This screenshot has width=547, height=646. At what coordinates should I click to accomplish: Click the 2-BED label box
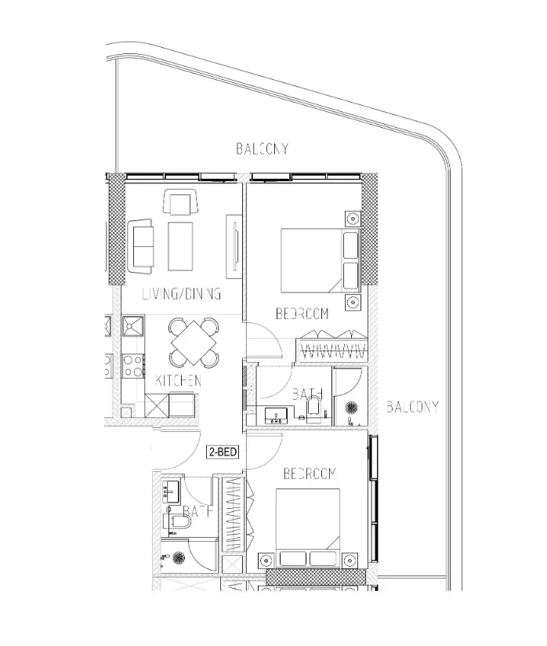pos(222,452)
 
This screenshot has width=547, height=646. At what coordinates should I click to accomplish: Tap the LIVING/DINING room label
pos(182,294)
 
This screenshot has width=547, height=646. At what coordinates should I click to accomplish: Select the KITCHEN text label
pos(179,380)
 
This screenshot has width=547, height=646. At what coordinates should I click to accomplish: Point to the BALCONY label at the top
pos(263,148)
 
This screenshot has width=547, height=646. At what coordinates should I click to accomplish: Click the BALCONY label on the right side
pos(411,406)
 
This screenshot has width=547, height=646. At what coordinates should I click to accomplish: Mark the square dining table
pos(193,342)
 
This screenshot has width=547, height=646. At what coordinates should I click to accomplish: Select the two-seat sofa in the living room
pos(142,243)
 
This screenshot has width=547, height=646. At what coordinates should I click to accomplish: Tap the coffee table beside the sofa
pos(180,245)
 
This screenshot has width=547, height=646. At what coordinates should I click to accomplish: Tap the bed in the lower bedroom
pos(307,521)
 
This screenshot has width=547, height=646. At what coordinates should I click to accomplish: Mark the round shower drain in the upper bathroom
pos(351,407)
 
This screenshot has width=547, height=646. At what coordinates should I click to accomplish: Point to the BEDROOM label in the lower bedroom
pos(310,474)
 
